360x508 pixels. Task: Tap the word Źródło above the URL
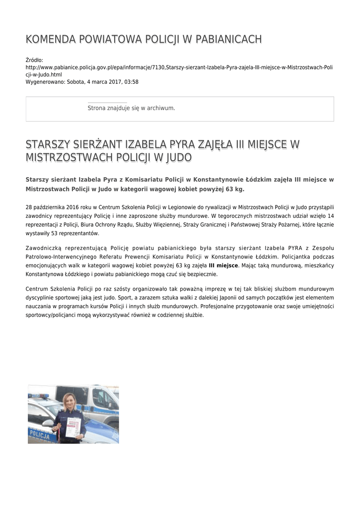[34, 60]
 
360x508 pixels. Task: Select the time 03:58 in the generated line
[132, 82]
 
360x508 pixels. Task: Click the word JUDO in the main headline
[179, 158]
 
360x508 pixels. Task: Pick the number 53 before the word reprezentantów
[62, 234]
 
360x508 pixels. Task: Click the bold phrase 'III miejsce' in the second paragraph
[223, 266]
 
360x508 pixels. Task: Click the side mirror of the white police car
[48, 423]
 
